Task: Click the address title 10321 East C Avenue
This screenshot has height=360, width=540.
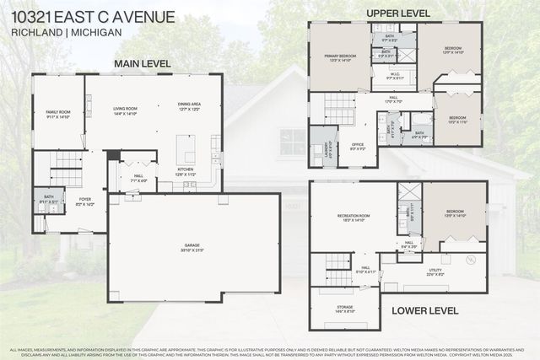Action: [94, 17]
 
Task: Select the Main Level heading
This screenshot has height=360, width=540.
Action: [142, 63]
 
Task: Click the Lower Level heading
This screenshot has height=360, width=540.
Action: [425, 310]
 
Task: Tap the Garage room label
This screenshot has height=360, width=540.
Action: [193, 247]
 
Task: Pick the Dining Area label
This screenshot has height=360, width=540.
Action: [189, 106]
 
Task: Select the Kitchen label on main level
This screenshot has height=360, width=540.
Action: [185, 171]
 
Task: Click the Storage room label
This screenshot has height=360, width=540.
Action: [343, 309]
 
